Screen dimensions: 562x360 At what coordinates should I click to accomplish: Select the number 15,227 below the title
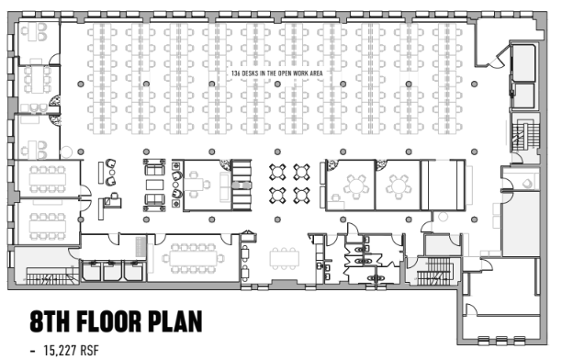[x=61, y=350]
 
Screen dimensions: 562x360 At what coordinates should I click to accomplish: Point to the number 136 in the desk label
[x=235, y=73]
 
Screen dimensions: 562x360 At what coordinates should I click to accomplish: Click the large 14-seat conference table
[x=193, y=258]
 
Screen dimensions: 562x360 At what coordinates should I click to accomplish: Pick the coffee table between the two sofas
[x=154, y=185]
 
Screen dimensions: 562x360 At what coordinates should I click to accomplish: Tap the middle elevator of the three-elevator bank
[x=113, y=272]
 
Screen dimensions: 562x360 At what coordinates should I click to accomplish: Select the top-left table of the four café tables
[x=277, y=172]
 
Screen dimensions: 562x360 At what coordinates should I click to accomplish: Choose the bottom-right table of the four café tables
[x=301, y=196]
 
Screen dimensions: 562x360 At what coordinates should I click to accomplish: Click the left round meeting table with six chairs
[x=356, y=186]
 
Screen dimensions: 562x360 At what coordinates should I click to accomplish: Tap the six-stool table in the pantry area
[x=285, y=258]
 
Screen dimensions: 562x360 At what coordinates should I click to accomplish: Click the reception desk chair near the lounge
[x=115, y=197]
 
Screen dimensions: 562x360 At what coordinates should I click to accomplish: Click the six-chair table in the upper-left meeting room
[x=38, y=79]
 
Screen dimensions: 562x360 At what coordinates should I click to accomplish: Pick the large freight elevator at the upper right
[x=523, y=63]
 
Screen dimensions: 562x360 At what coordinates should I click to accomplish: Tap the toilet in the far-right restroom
[x=528, y=184]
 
